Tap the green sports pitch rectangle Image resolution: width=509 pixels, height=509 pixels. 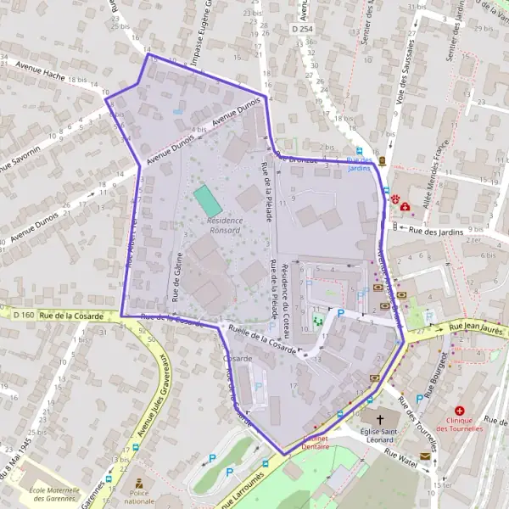click(x=207, y=201)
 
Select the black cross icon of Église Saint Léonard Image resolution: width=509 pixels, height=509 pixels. click(x=380, y=420)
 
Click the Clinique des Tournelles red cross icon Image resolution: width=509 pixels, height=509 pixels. click(x=459, y=411)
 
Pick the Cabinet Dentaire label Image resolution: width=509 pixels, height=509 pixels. click(x=316, y=441)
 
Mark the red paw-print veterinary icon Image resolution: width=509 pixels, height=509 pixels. click(x=395, y=198)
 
